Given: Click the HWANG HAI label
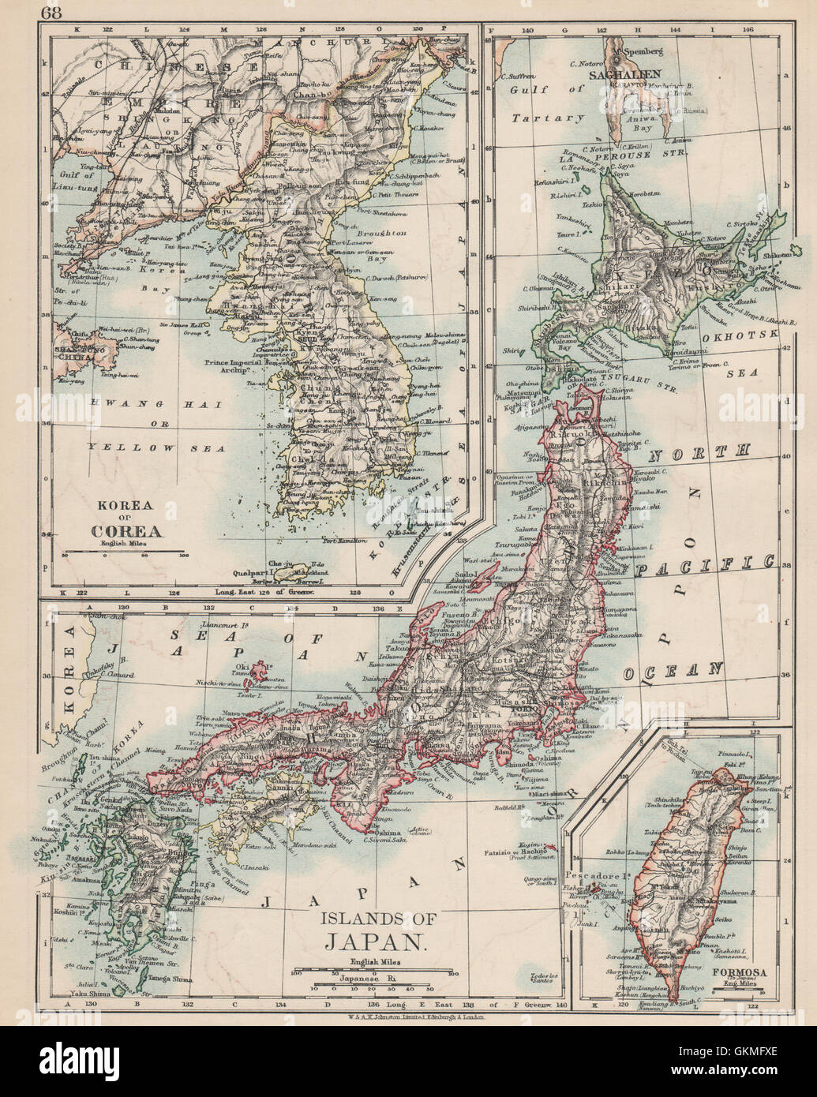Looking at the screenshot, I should point(131,404).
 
